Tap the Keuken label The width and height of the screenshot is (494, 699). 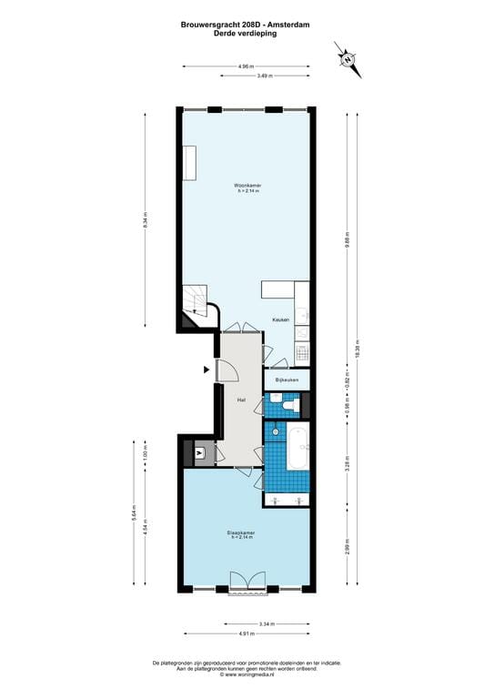tap(281, 319)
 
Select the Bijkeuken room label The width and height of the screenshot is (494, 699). tap(287, 379)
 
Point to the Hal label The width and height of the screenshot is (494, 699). tap(241, 400)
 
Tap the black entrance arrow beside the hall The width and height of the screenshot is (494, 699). tap(207, 370)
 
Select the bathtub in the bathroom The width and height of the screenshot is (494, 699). tap(297, 447)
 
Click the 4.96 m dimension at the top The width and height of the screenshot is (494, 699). tap(246, 66)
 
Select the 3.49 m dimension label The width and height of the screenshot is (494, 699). tap(264, 76)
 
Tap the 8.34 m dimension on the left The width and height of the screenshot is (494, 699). tap(146, 221)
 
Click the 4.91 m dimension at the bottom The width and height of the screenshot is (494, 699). tap(246, 633)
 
